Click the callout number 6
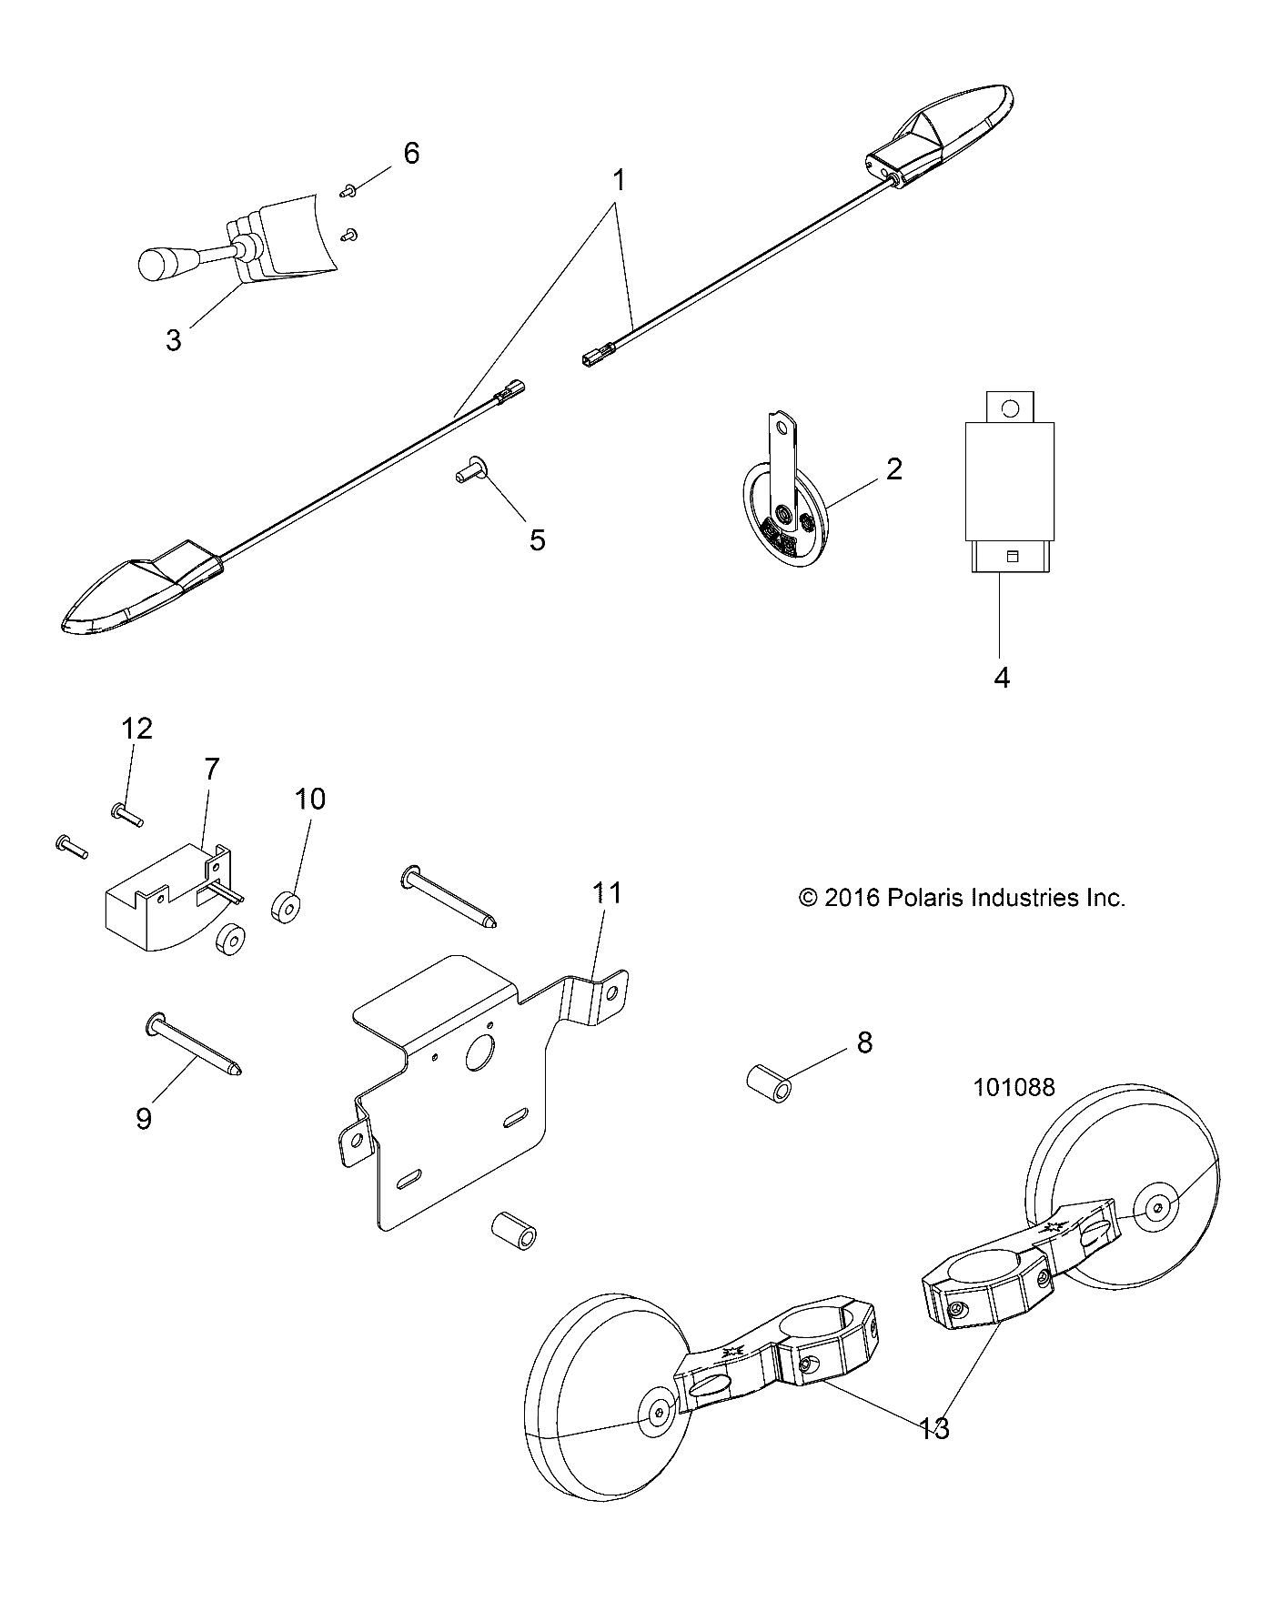(x=411, y=154)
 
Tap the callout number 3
(x=173, y=341)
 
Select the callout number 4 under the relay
(x=1002, y=677)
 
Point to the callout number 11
(x=607, y=893)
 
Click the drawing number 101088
(x=1014, y=1087)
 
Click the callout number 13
(x=934, y=1429)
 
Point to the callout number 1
(x=620, y=181)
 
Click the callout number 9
(x=144, y=1118)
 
